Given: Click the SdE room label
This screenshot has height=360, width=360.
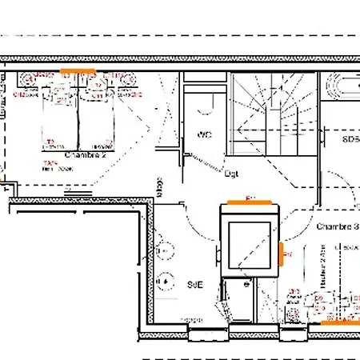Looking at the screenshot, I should [194, 284].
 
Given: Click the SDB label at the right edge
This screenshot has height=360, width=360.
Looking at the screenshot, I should [350, 138].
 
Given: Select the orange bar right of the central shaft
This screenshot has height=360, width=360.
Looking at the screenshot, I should [282, 251].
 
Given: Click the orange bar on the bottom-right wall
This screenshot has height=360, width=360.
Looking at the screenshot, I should [335, 322].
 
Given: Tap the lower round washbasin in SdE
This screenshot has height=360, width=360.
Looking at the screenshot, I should [166, 282].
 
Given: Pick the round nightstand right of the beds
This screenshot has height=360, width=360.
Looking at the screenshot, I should [126, 78].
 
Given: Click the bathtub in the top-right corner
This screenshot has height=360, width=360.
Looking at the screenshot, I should [342, 86].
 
